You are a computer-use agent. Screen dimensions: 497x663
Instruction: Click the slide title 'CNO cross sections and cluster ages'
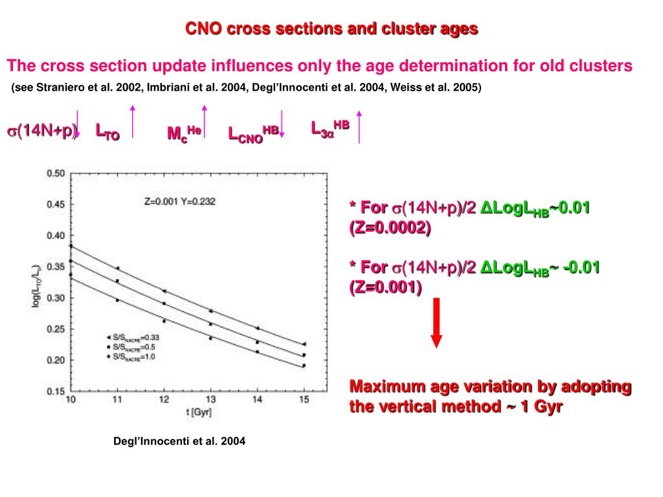(331, 29)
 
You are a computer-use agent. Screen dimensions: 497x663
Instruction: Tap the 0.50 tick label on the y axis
(56, 173)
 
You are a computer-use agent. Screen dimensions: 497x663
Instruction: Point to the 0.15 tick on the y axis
(56, 391)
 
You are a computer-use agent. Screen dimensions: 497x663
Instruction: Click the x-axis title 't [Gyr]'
(187, 412)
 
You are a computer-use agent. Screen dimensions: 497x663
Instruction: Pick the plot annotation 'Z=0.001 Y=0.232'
(180, 201)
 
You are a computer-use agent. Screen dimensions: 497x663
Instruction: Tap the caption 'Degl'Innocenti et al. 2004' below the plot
(179, 441)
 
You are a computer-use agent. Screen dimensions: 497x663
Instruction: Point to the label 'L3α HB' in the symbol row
(330, 127)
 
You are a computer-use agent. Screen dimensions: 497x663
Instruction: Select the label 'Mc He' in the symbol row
(184, 133)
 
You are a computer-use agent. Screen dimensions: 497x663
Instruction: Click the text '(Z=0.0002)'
(390, 228)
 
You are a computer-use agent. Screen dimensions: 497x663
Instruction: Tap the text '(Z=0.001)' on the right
(386, 288)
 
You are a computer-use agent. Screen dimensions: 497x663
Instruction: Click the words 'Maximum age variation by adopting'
(490, 387)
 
